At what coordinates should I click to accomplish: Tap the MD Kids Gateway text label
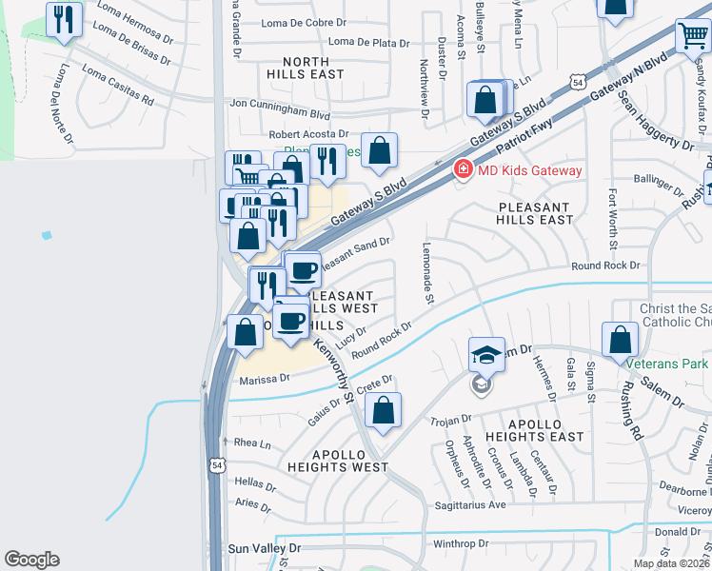[529, 171]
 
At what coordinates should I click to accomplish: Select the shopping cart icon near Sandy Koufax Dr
[692, 37]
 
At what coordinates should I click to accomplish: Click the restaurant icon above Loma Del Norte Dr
[64, 19]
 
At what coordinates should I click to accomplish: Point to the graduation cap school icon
[486, 355]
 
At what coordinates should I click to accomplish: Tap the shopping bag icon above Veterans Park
[621, 339]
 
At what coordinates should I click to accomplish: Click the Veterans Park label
[667, 363]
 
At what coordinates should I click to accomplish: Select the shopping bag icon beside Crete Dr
[383, 410]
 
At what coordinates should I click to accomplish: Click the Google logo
[31, 560]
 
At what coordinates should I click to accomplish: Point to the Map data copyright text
[672, 563]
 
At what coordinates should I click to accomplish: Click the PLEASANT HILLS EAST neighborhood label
[535, 213]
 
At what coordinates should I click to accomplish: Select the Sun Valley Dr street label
[265, 549]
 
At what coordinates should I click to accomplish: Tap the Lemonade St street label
[426, 272]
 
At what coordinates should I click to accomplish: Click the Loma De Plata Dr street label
[368, 43]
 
